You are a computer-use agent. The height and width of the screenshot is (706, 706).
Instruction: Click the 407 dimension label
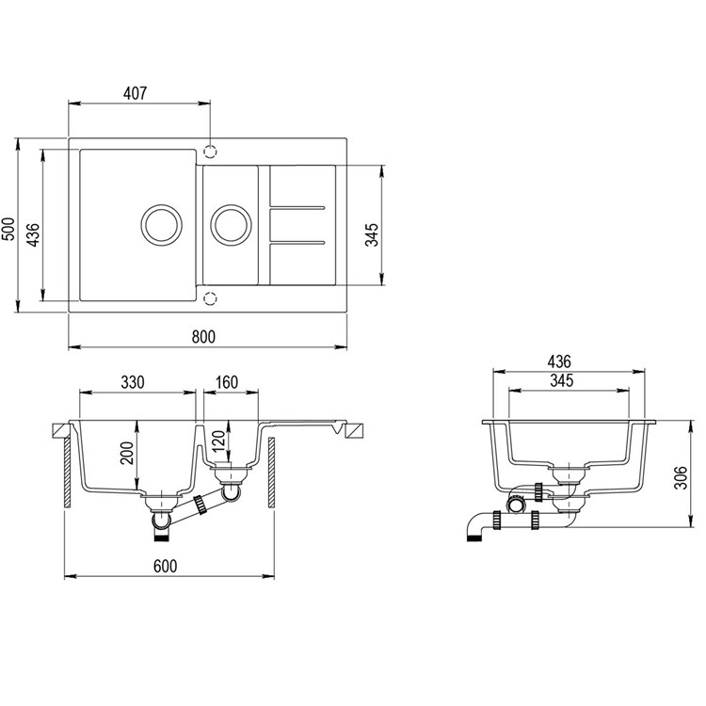click(135, 93)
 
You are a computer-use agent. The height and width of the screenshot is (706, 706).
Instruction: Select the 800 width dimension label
click(203, 337)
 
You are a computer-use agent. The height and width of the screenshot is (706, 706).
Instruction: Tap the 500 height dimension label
click(8, 229)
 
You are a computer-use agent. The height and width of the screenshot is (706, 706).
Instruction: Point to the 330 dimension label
click(133, 382)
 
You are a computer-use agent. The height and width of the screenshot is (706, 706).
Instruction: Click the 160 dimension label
click(227, 382)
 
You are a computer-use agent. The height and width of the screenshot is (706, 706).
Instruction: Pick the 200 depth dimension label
click(127, 453)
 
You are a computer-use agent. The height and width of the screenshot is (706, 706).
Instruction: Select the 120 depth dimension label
click(218, 441)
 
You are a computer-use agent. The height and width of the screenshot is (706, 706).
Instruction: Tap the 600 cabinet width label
click(166, 566)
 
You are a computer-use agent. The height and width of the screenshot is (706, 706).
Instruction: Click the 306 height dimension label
click(682, 477)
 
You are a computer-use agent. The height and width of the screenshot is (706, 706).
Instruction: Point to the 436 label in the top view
click(33, 234)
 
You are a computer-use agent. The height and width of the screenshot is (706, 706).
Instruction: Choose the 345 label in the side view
click(562, 380)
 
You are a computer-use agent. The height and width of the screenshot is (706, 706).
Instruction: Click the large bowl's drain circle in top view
click(162, 225)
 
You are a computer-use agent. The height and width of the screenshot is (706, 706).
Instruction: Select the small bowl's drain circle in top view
click(231, 225)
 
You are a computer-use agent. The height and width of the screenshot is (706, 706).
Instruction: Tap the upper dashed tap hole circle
click(210, 152)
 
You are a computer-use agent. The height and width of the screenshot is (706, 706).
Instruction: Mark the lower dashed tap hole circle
click(210, 298)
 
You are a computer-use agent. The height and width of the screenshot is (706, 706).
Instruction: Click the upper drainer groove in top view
click(297, 208)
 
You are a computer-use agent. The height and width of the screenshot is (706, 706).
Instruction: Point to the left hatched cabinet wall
click(67, 473)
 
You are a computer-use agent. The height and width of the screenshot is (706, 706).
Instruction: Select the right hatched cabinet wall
click(271, 473)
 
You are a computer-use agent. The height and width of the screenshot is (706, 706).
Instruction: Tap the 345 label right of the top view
click(372, 234)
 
